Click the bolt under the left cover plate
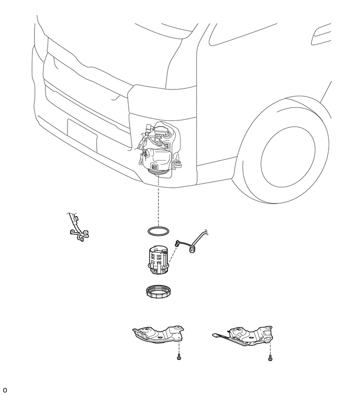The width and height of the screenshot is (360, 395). [x=179, y=357]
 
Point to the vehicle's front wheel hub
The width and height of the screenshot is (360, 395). [x=288, y=158]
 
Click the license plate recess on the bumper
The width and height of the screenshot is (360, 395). [x=82, y=135]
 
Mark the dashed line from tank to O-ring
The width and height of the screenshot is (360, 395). [x=158, y=201]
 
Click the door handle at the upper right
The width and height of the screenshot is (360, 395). [x=321, y=35]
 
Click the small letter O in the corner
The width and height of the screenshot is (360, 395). [x=5, y=390]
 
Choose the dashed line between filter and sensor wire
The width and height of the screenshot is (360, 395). [x=173, y=257]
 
